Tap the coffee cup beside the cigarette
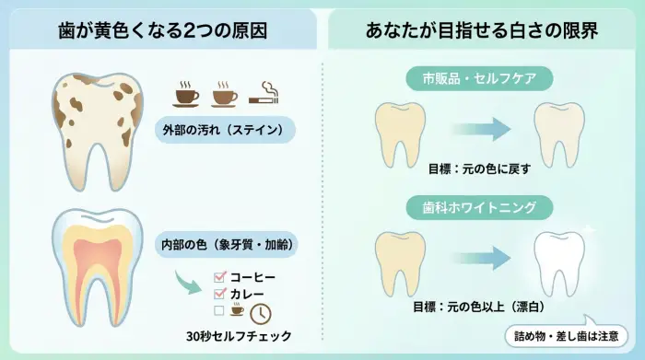coord(226,92)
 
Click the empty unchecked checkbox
coord(219,311)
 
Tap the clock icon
coord(262,312)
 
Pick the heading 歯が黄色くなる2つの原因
coord(162,29)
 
